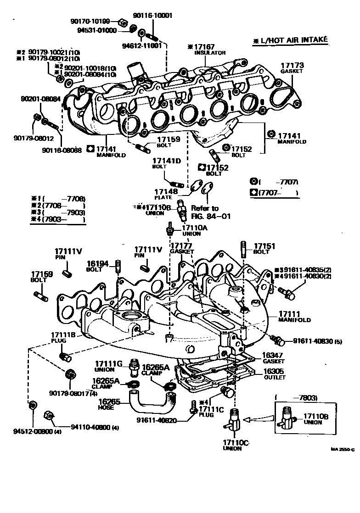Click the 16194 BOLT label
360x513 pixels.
(x=98, y=267)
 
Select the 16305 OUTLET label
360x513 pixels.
(x=275, y=374)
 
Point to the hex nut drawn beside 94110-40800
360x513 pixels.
(x=47, y=416)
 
